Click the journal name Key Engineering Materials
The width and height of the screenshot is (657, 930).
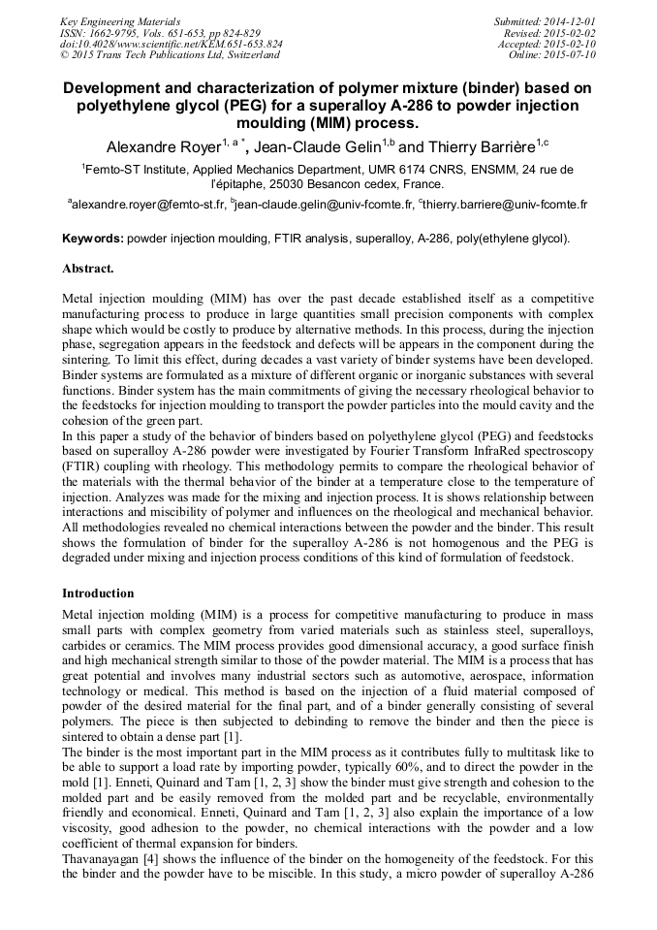pyautogui.click(x=119, y=20)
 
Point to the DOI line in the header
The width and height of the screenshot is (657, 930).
pyautogui.click(x=172, y=44)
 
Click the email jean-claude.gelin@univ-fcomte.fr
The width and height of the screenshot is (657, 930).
pyautogui.click(x=323, y=205)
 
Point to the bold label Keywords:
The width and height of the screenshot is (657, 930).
pyautogui.click(x=93, y=239)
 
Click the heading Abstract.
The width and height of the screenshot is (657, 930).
pyautogui.click(x=88, y=268)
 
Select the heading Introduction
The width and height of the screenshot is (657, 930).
pyautogui.click(x=98, y=593)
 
